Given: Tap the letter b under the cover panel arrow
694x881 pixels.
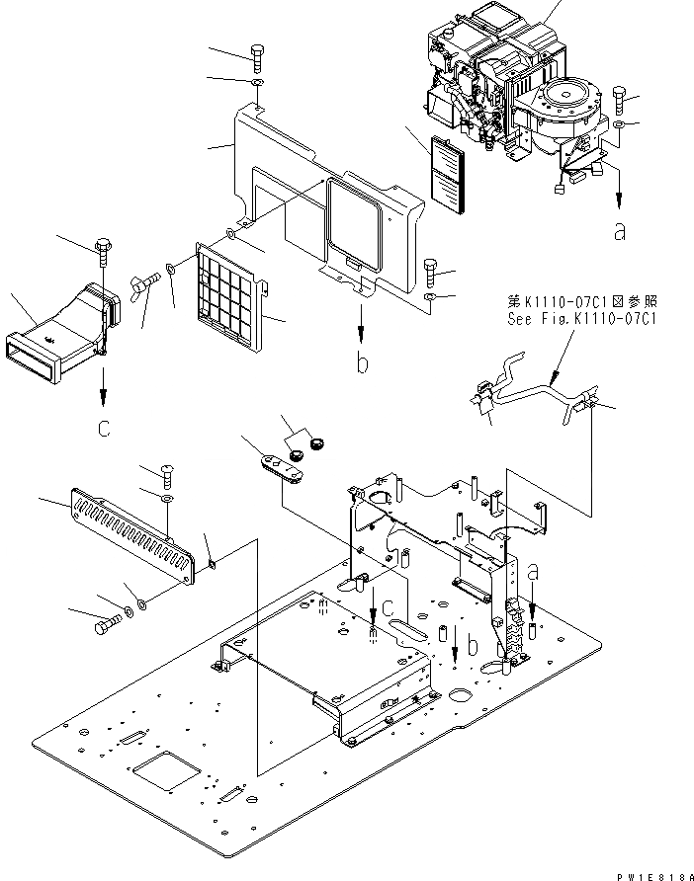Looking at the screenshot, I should click(x=363, y=363).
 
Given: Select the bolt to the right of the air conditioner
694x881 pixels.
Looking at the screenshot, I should click(x=620, y=98).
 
